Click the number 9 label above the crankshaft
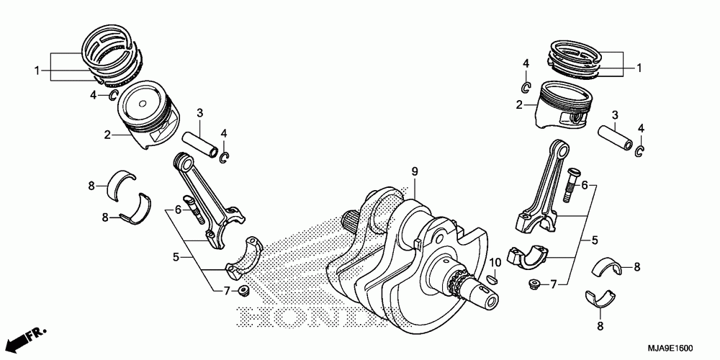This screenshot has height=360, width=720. (x=415, y=171)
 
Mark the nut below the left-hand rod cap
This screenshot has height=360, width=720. (x=243, y=291)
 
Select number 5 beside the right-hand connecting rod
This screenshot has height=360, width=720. (x=595, y=240)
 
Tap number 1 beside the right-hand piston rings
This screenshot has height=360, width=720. (x=638, y=68)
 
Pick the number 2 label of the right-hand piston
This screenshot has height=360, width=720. (x=518, y=105)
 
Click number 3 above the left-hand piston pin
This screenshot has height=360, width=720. (x=200, y=113)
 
